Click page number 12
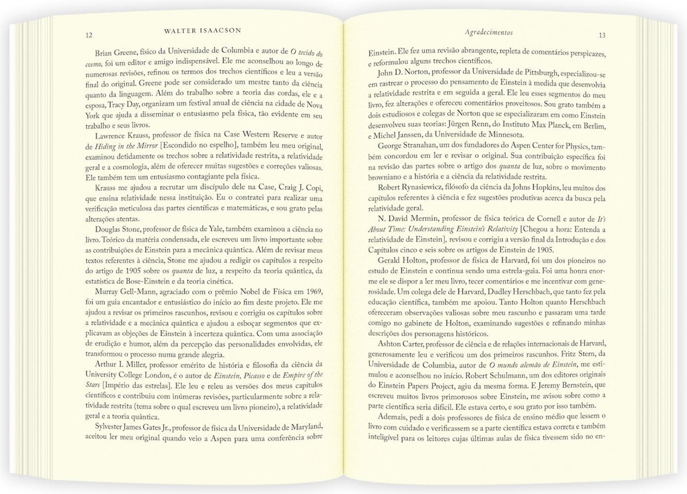(x=89, y=35)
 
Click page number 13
(x=601, y=35)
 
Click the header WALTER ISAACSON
(x=203, y=30)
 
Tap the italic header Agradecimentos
(x=488, y=33)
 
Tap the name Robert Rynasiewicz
(x=410, y=188)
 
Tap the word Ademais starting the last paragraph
(x=392, y=417)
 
